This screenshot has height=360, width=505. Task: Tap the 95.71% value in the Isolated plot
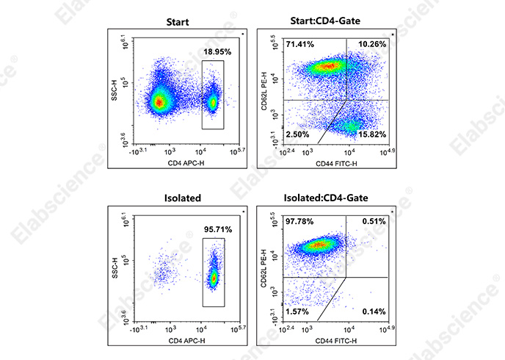coord(218,229)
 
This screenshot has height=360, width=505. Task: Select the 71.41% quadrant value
coord(299,45)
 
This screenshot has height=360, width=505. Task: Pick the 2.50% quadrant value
coord(298,135)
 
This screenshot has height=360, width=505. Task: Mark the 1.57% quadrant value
coord(298,312)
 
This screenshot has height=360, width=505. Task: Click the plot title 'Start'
coord(178,22)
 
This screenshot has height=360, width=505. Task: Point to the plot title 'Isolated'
coord(178,198)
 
